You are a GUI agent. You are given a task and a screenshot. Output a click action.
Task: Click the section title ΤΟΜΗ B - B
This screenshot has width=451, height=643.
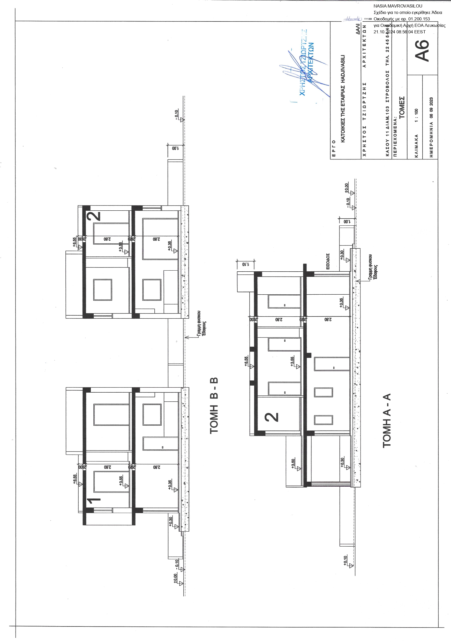pos(214,406)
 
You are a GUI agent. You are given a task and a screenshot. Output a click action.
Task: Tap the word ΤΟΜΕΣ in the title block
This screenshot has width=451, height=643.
pos(402,108)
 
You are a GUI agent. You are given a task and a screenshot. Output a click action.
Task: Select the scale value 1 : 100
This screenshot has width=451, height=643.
pos(417,115)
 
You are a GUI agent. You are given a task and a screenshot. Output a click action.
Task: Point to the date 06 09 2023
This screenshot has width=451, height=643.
pos(431,108)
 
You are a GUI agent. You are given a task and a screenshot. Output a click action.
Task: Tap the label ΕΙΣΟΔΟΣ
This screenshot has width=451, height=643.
pos(328,262)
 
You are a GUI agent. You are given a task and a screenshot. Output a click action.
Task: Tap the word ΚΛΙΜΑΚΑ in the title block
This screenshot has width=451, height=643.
pos(417,146)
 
